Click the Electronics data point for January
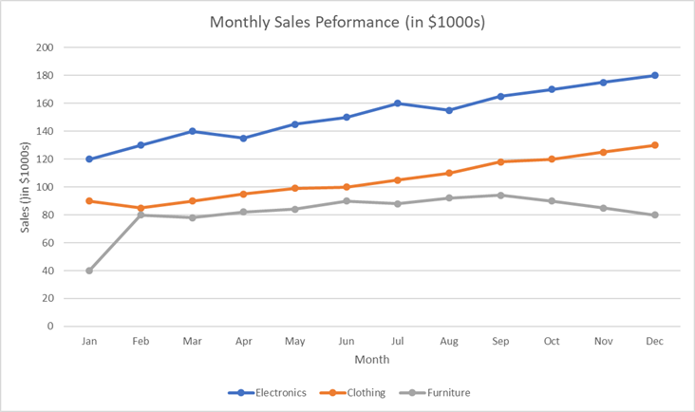tap(89, 159)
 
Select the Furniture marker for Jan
tap(89, 271)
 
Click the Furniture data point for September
tap(500, 196)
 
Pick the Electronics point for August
tap(449, 110)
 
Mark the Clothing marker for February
tap(141, 208)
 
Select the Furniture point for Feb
tap(141, 215)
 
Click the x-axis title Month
tap(371, 360)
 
